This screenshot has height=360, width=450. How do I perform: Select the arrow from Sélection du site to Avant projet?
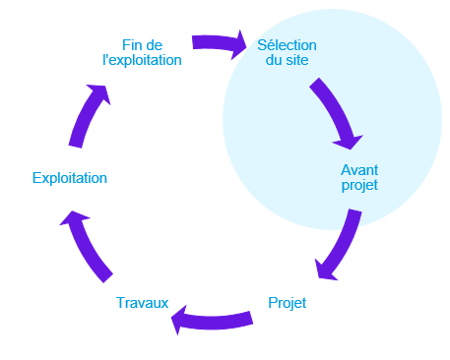[335, 111]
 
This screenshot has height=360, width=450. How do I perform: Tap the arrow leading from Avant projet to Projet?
[337, 246]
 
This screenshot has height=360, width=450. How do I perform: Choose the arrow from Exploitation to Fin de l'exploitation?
[89, 116]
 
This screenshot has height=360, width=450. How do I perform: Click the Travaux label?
[142, 303]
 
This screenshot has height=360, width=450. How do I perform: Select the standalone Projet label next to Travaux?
[288, 303]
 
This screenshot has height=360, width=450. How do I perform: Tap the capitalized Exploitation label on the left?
[69, 178]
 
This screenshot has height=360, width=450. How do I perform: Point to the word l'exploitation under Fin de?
[142, 60]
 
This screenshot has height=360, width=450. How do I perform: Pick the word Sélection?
[288, 44]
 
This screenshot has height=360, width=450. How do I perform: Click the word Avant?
[359, 168]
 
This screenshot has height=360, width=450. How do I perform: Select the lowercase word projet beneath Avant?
[359, 184]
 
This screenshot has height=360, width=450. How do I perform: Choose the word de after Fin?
[155, 44]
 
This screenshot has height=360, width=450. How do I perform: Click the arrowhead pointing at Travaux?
[180, 316]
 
